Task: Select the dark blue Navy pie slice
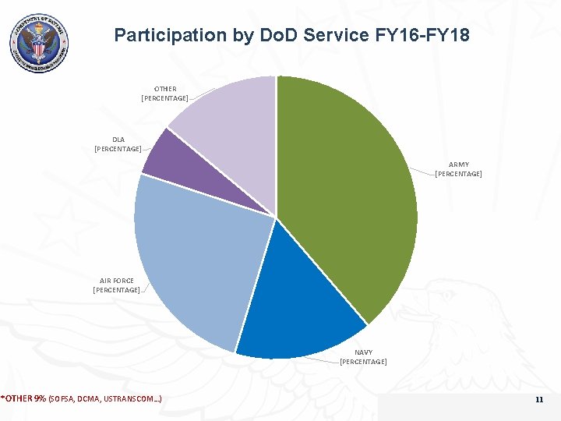[300, 312]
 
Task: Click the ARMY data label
[458, 169]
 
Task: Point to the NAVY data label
[363, 357]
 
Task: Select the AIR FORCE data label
[117, 285]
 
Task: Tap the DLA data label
[118, 144]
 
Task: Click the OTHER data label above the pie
[164, 94]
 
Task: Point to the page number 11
[538, 400]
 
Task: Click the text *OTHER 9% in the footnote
[23, 399]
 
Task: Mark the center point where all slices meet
[276, 217]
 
